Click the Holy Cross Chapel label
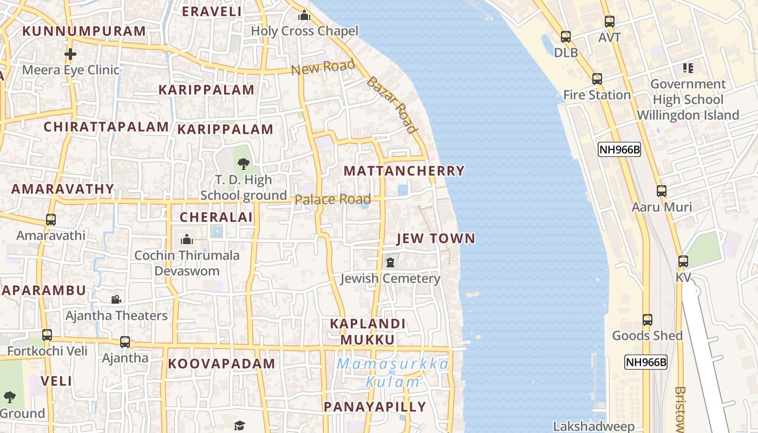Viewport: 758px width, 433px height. click(304, 31)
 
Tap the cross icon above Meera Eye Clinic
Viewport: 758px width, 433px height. click(70, 54)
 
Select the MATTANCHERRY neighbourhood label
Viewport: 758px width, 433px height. click(404, 171)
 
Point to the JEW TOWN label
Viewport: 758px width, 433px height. click(435, 239)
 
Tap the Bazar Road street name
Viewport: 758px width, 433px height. click(391, 105)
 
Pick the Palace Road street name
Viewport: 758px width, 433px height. click(332, 200)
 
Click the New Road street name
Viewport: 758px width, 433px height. click(323, 68)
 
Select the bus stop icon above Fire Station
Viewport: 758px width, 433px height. click(597, 79)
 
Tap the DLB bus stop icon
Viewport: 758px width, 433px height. click(566, 37)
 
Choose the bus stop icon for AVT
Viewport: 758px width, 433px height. click(609, 22)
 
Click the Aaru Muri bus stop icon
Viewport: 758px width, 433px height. click(661, 191)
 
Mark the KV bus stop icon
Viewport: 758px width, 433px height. click(683, 261)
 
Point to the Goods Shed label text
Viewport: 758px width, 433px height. click(647, 336)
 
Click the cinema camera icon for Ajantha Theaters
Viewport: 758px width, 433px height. click(116, 299)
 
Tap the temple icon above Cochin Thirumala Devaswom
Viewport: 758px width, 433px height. click(187, 239)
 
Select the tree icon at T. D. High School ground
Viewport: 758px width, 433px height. click(243, 163)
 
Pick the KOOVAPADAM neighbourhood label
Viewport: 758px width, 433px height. click(221, 364)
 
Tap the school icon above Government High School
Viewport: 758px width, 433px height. click(688, 68)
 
